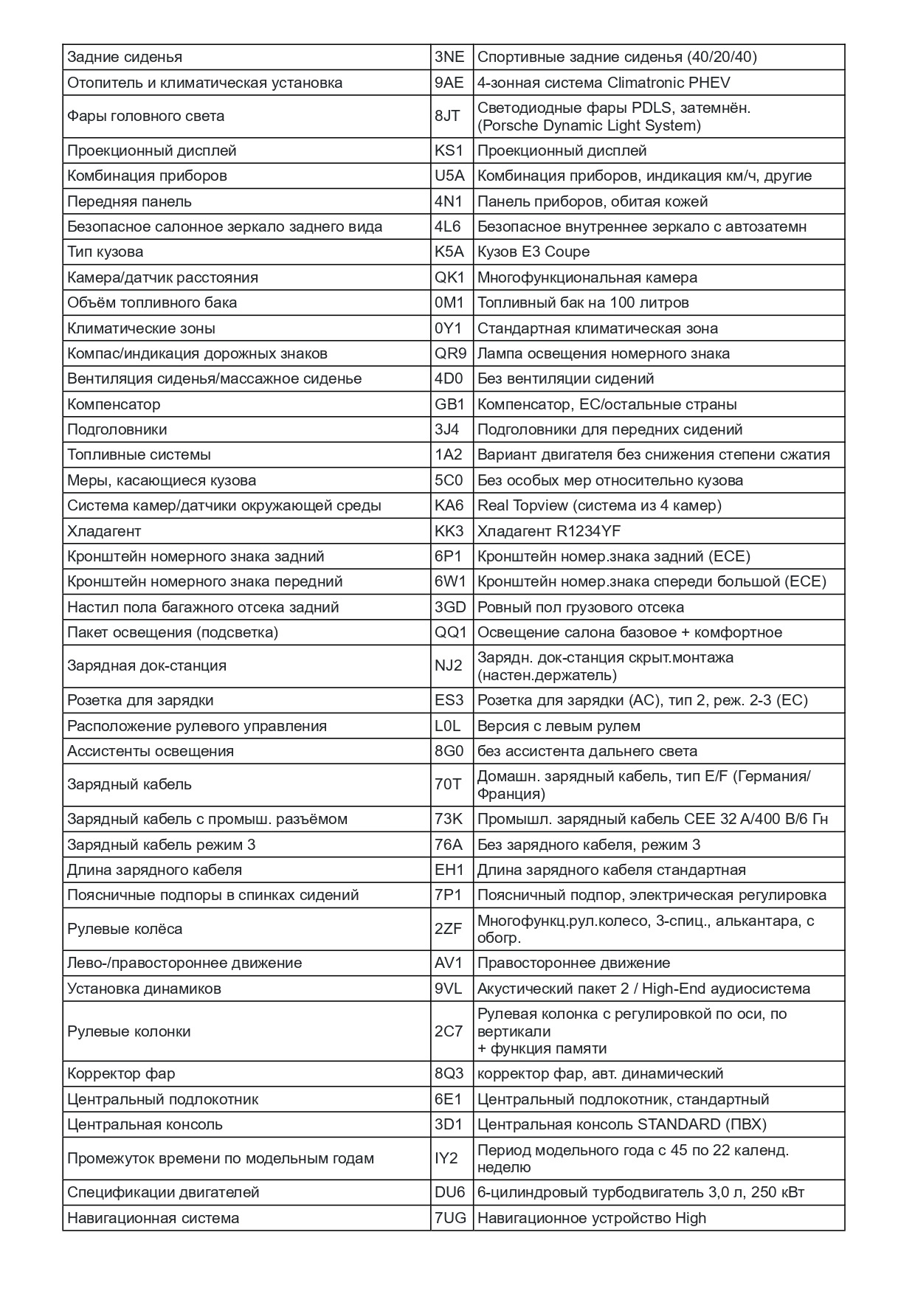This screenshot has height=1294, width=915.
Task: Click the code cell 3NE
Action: coord(449,58)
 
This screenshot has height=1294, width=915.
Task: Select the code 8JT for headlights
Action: coord(447,116)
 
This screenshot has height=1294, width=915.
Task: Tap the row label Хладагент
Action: coord(104,531)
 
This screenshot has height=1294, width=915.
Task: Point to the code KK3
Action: coord(449,531)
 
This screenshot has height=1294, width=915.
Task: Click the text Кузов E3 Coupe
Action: coord(534,252)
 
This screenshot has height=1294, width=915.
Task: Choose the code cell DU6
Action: coord(450,1192)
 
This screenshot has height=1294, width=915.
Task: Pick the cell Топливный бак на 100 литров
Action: coord(583,302)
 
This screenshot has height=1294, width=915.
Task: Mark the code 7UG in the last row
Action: coord(450,1218)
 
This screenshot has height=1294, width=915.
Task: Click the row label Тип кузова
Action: coord(106,252)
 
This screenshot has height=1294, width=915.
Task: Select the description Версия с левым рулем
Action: coord(559,726)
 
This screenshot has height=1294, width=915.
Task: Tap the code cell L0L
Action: coord(447,726)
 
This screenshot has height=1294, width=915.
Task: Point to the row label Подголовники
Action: coord(117,429)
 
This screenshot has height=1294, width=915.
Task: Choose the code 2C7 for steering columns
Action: coord(449,1031)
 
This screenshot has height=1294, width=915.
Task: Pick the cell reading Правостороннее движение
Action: coord(573,963)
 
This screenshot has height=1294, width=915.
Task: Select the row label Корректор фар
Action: coord(121,1073)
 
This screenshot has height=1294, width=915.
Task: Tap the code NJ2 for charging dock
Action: coord(449,665)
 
